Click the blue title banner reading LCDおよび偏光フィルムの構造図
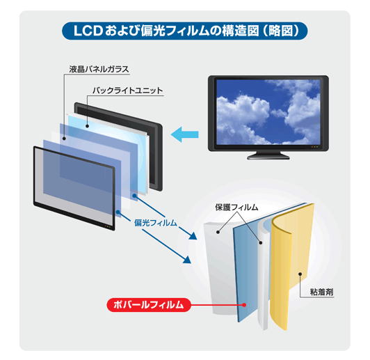[185, 31]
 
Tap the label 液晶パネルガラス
[99, 69]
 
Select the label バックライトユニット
[128, 91]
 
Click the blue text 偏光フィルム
[156, 223]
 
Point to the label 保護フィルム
[236, 208]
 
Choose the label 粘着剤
[321, 292]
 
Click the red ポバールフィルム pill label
[149, 305]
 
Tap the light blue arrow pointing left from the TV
[185, 134]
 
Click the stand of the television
[268, 155]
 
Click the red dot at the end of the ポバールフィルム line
[245, 305]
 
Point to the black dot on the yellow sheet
[300, 274]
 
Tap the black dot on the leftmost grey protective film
[218, 232]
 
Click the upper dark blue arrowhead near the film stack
[193, 236]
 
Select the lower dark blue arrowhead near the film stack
[187, 260]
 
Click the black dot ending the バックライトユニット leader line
[88, 126]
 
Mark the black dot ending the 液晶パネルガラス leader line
[64, 139]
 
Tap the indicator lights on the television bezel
[314, 147]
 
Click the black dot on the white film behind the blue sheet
[261, 242]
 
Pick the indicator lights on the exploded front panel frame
[108, 226]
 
